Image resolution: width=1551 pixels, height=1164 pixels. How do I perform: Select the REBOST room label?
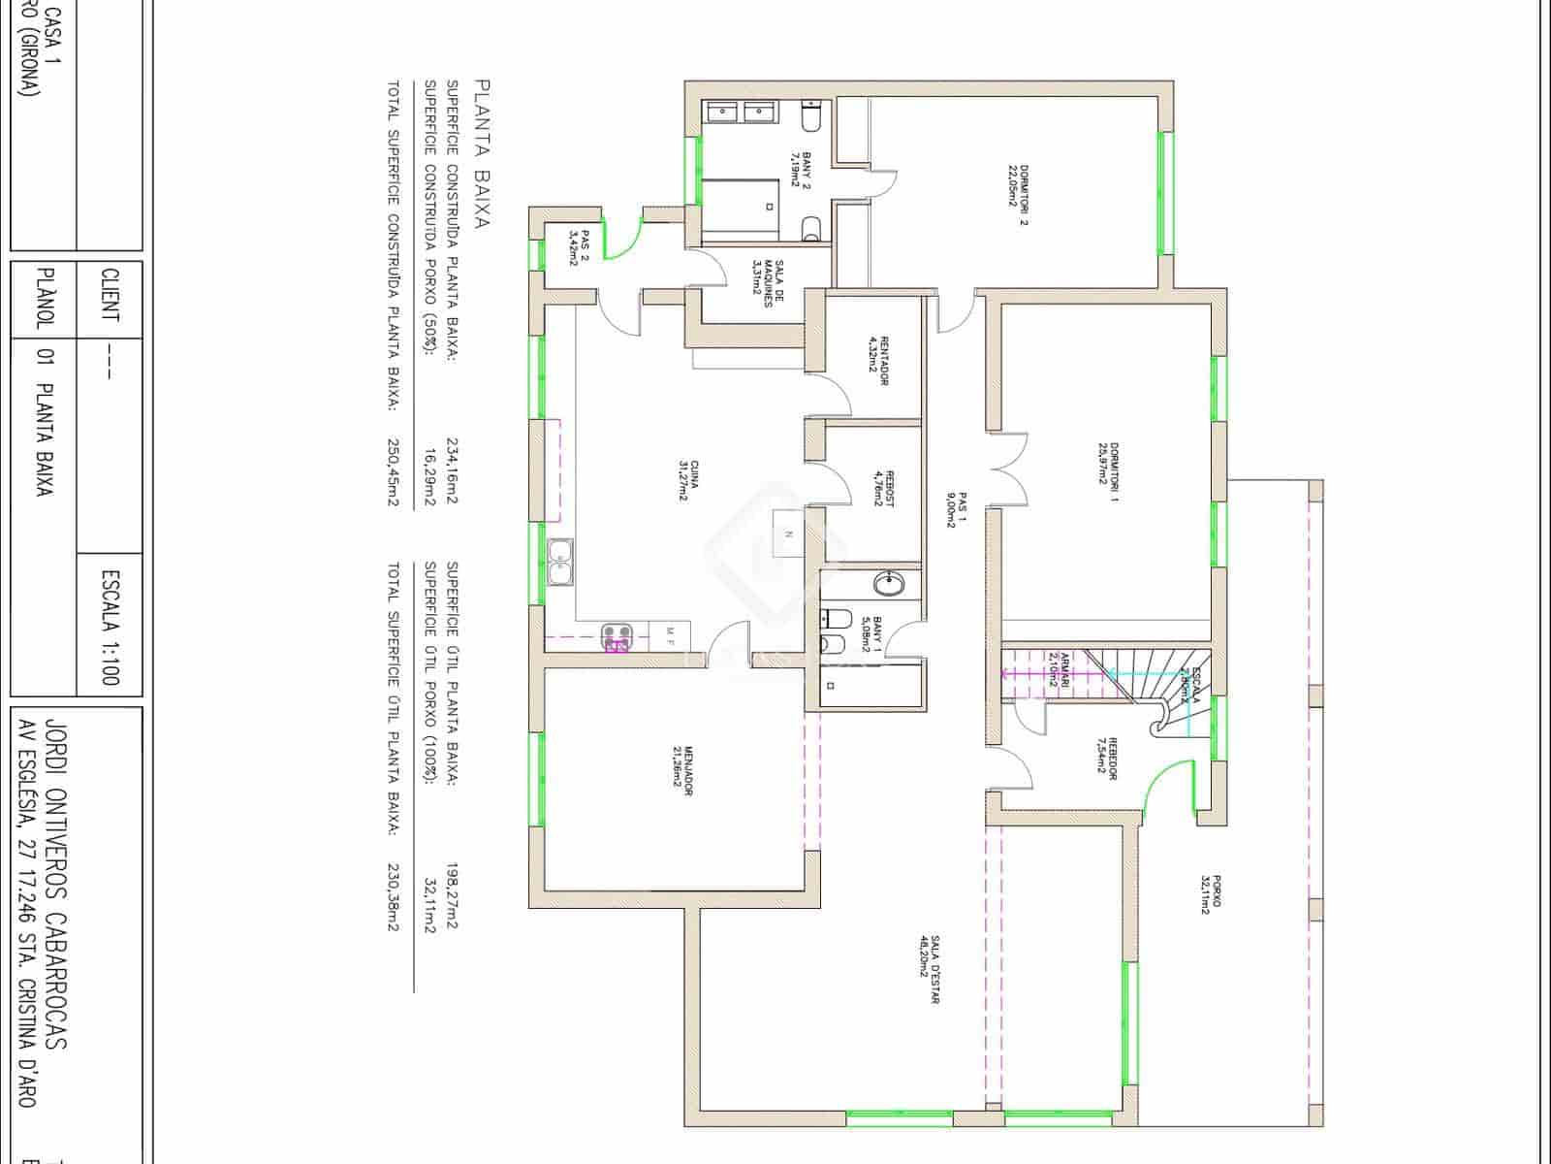[884, 488]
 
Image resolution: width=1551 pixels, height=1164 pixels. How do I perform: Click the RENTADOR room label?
[878, 361]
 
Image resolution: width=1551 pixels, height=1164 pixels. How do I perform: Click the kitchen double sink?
[560, 563]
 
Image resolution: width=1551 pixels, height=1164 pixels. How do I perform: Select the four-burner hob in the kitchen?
[615, 638]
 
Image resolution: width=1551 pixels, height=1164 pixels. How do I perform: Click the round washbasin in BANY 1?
[889, 583]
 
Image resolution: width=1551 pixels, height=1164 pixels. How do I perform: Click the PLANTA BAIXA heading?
[482, 153]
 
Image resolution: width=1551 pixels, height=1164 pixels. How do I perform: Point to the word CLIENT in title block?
[111, 296]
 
